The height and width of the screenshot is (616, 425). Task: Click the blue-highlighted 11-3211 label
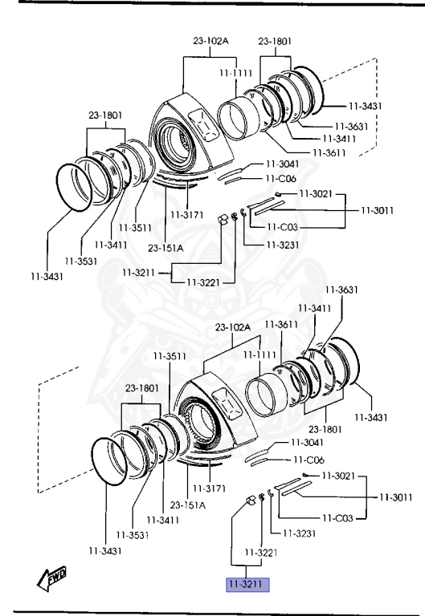coord(247,584)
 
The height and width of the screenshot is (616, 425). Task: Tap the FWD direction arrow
coord(51,578)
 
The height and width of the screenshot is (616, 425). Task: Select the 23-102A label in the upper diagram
coord(210,41)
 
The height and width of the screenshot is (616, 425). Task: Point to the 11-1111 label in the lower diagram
coord(259,355)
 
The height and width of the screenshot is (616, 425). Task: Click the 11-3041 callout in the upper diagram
coord(283,164)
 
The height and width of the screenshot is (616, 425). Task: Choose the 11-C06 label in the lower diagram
coord(309,460)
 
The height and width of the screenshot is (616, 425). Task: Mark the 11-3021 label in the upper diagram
coord(316,193)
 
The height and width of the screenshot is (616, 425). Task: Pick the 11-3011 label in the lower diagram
coord(396,497)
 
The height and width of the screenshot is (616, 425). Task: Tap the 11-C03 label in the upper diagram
coord(282,227)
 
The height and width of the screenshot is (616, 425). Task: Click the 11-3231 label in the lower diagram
coord(299,533)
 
